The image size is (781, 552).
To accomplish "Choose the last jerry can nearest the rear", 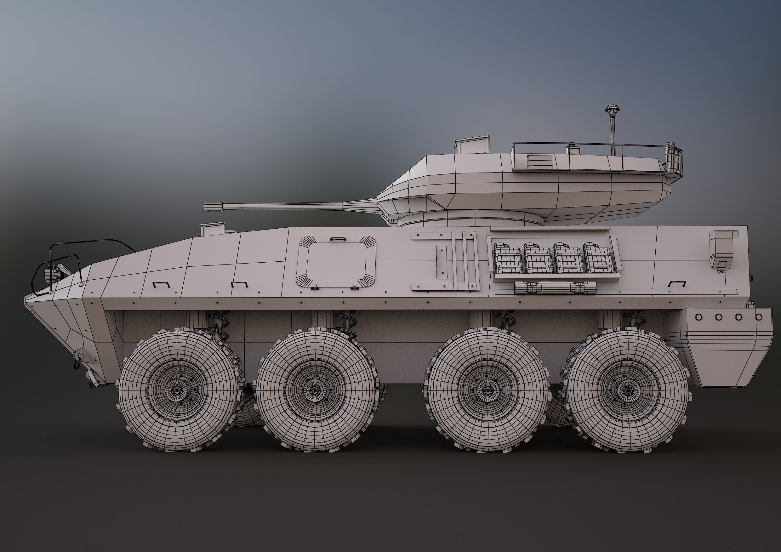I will [598, 258].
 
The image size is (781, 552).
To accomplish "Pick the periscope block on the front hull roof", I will [213, 229].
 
